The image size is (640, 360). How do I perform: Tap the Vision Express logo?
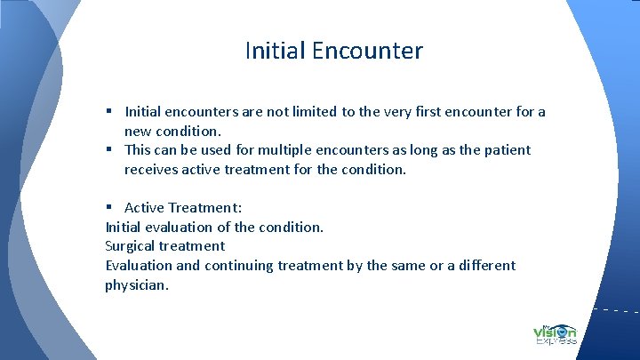[556, 333]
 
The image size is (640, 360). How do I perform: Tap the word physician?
[137, 285]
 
